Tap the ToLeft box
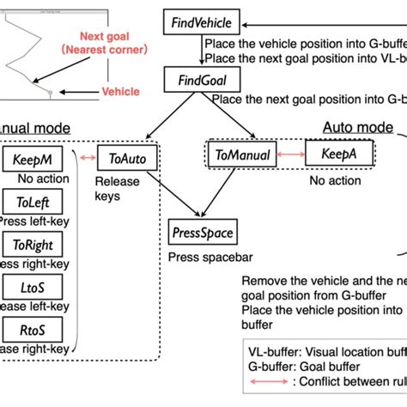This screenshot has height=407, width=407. pyautogui.click(x=32, y=203)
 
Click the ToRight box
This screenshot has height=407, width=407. pyautogui.click(x=32, y=245)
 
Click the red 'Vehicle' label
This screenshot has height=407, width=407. pyautogui.click(x=121, y=90)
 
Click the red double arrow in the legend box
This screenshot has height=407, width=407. pyautogui.click(x=258, y=383)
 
